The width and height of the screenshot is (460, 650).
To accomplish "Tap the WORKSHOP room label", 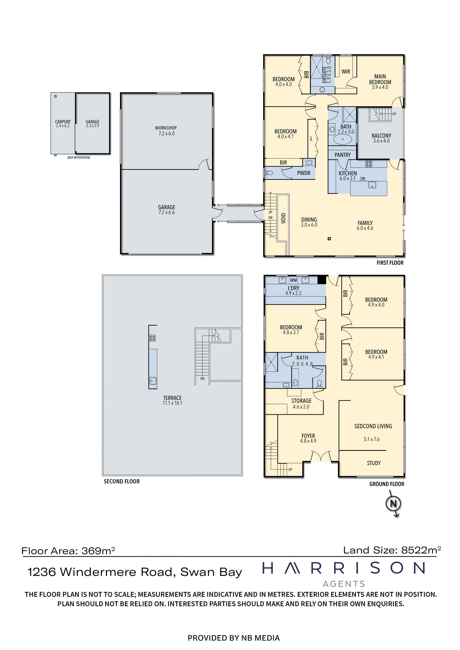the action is pyautogui.click(x=166, y=128).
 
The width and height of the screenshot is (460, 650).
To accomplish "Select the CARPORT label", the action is pyautogui.click(x=63, y=122).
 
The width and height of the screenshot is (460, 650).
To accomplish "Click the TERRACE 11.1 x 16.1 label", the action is pyautogui.click(x=172, y=400).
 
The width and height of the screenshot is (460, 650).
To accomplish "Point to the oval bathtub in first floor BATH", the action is pyautogui.click(x=342, y=139).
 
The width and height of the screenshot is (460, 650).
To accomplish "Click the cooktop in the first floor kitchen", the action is pyautogui.click(x=368, y=164).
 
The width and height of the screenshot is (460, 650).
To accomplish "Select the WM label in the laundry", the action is pyautogui.click(x=293, y=280).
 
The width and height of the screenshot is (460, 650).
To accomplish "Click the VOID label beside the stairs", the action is pyautogui.click(x=283, y=218).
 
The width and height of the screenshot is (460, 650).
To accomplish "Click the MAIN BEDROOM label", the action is pyautogui.click(x=380, y=79).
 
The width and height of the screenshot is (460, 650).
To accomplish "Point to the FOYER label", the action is pyautogui.click(x=308, y=436).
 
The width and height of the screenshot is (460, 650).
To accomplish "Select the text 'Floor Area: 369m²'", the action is pyautogui.click(x=68, y=551).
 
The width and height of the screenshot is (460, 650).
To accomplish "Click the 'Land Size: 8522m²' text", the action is pyautogui.click(x=392, y=550).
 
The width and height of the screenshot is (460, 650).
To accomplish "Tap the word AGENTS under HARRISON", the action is pyautogui.click(x=344, y=584).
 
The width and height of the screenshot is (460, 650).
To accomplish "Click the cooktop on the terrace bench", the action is pyautogui.click(x=152, y=338).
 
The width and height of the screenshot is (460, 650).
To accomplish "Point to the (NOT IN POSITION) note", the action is pyautogui.click(x=79, y=158).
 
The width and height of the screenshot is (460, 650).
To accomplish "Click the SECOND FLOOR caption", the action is pyautogui.click(x=121, y=481).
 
